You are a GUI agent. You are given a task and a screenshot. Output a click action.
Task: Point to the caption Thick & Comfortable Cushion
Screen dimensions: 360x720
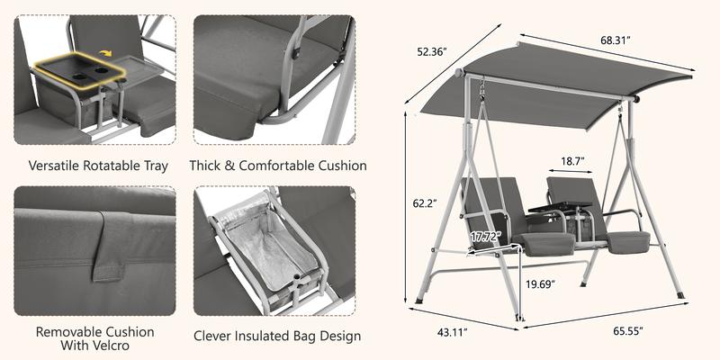click(x=278, y=166)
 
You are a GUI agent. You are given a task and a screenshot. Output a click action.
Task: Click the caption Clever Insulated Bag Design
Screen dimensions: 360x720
click(x=278, y=337)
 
